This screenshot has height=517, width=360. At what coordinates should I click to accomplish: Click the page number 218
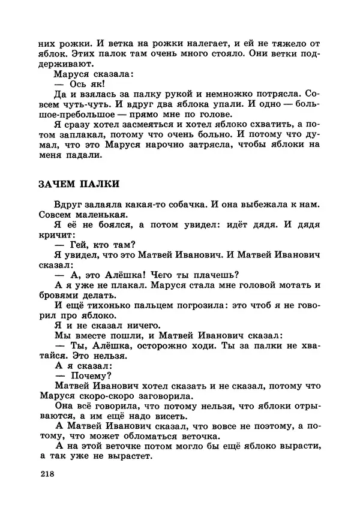coord(46,474)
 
